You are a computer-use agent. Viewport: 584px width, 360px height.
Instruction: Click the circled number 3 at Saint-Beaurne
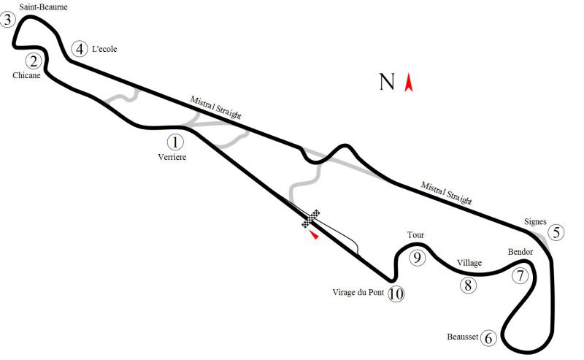click(x=8, y=20)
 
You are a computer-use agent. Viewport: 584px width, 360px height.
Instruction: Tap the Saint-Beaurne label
click(x=44, y=7)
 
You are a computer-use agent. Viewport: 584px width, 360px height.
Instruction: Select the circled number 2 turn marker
click(x=34, y=61)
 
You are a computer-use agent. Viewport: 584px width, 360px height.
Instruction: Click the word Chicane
click(x=26, y=75)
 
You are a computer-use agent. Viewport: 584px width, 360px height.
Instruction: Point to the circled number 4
click(x=80, y=49)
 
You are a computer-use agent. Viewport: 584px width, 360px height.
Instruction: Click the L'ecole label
click(x=104, y=49)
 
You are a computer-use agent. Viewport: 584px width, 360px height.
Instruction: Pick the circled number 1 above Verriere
click(x=175, y=142)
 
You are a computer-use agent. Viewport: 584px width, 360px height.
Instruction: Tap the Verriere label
click(x=172, y=157)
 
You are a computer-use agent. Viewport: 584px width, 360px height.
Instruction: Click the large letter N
click(x=387, y=82)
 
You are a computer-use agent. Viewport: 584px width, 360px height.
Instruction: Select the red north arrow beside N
click(x=409, y=83)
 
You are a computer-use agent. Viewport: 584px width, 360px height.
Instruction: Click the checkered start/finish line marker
click(x=311, y=218)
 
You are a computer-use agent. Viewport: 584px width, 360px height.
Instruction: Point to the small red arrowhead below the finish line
click(x=315, y=235)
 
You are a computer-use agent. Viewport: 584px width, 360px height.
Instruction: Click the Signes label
click(x=535, y=221)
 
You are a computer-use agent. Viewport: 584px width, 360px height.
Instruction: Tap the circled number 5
click(x=556, y=232)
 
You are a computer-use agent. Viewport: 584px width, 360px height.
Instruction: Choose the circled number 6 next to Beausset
click(x=488, y=338)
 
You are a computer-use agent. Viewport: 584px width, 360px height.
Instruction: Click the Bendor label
click(x=520, y=252)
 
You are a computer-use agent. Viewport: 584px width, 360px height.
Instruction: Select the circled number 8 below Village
click(x=468, y=285)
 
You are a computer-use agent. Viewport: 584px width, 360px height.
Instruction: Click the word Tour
click(x=415, y=235)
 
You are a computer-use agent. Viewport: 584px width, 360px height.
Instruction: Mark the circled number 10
click(x=396, y=294)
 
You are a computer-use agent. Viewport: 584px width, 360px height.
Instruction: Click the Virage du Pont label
click(x=358, y=292)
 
